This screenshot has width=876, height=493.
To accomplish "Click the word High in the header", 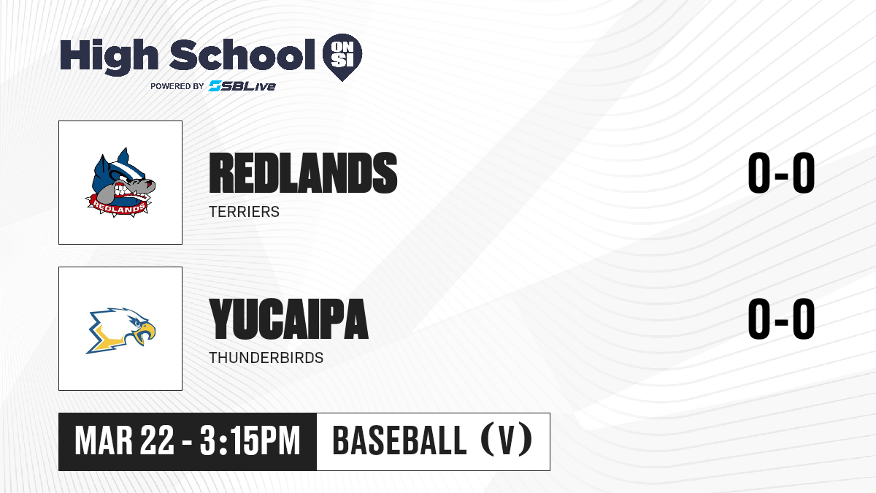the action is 109,56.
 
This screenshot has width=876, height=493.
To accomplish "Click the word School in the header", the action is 242,55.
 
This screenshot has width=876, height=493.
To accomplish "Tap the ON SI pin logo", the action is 342,57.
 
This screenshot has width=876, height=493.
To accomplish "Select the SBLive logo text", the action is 242,86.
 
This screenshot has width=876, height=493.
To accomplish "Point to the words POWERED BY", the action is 177,86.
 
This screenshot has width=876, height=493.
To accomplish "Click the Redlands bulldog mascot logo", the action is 120,183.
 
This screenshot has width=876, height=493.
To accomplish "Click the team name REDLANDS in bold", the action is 303,172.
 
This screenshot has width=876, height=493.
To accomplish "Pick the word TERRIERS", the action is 244,212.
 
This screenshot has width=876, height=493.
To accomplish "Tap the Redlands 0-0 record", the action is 781,172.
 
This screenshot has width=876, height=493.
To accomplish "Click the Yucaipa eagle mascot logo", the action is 120,330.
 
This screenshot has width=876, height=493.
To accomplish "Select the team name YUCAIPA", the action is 288,318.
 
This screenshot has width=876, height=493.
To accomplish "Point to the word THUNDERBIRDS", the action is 266,358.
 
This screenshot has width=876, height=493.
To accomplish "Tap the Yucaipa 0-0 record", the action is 781,318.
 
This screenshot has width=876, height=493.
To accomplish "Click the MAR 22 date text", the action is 124,441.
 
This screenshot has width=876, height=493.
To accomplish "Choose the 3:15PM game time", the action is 250,441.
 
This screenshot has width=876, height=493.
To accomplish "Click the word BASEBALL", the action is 399,441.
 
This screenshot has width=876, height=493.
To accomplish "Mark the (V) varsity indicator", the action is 507,441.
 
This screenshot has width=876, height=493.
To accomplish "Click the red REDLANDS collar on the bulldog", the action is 118,207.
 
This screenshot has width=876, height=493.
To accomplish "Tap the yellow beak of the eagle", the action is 145,332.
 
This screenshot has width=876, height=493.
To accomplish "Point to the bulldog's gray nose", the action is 150,183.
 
